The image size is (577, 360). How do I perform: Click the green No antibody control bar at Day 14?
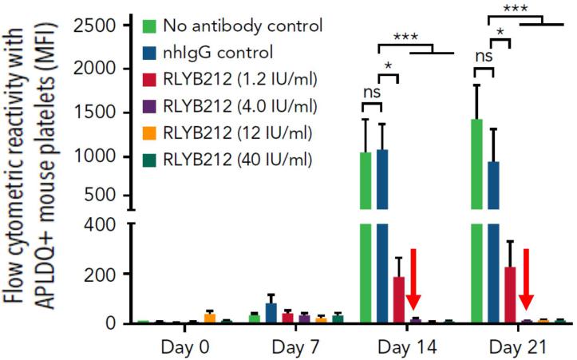[x=366, y=239]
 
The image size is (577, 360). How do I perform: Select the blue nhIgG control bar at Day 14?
[x=382, y=239]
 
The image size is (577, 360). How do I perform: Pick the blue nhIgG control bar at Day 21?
[x=495, y=239]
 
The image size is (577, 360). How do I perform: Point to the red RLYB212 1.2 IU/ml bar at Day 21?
[x=512, y=295]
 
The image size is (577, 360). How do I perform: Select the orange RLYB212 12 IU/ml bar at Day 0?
[x=210, y=318]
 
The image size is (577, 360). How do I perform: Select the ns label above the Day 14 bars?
[x=370, y=92]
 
